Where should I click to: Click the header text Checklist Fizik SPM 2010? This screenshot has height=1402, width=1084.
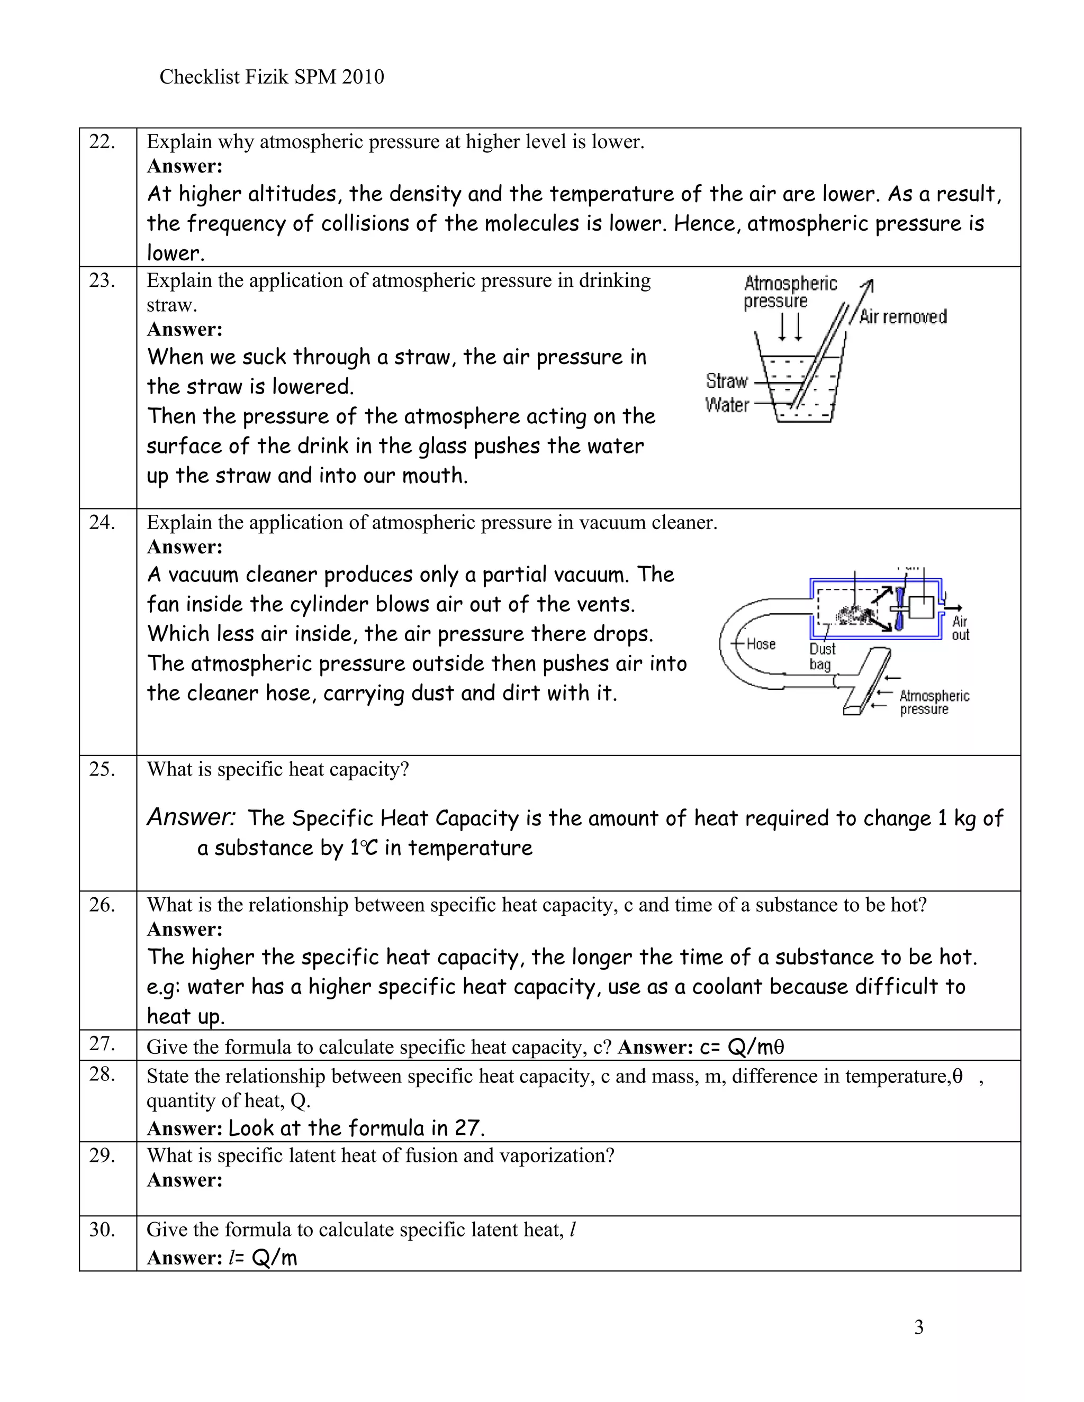coord(271,77)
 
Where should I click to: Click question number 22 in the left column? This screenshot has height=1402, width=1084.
coord(102,142)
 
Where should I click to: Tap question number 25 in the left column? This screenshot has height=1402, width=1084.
coord(102,769)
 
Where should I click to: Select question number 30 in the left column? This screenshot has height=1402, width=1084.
coord(102,1230)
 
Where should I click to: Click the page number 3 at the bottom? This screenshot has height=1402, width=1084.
coord(918,1327)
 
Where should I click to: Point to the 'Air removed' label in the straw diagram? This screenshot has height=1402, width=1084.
coord(902,316)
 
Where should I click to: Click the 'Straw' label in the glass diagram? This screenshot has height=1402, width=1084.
coord(726,381)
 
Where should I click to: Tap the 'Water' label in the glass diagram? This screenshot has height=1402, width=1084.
coord(726,405)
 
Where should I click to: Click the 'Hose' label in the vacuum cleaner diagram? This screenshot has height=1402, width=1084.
coord(761,644)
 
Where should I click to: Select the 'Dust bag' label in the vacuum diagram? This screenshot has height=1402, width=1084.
coord(821,656)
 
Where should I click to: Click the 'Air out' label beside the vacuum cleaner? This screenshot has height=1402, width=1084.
coord(960,628)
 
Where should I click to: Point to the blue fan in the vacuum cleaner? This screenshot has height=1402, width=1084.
coord(899,608)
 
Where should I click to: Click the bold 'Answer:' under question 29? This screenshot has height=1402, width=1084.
coord(184,1180)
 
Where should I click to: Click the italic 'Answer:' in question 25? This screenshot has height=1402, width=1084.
coord(191,817)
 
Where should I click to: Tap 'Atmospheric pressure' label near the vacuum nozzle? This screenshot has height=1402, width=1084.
coord(933,702)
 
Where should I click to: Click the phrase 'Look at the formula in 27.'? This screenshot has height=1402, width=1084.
coord(356,1128)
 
